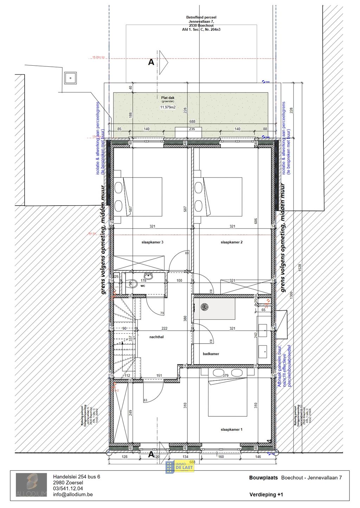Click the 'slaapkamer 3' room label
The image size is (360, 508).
[152, 242]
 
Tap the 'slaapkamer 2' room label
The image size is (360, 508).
[231, 242]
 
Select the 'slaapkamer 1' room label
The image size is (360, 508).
[231, 429]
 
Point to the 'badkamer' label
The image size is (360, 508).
[211, 354]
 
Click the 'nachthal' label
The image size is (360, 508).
[156, 337]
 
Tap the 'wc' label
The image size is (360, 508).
[143, 286]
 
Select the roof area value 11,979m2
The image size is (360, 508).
[168, 107]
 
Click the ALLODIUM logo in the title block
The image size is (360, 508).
[31, 485]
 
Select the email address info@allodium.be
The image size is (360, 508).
[73, 494]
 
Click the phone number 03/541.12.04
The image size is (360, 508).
[68, 488]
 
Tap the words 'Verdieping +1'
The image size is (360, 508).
[266, 495]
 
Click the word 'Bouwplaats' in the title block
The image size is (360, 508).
[263, 478]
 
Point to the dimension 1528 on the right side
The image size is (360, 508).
[300, 267]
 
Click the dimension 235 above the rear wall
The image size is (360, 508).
[192, 129]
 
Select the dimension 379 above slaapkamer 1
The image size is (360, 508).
[225, 376]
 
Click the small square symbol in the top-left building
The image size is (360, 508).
[70, 78]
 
